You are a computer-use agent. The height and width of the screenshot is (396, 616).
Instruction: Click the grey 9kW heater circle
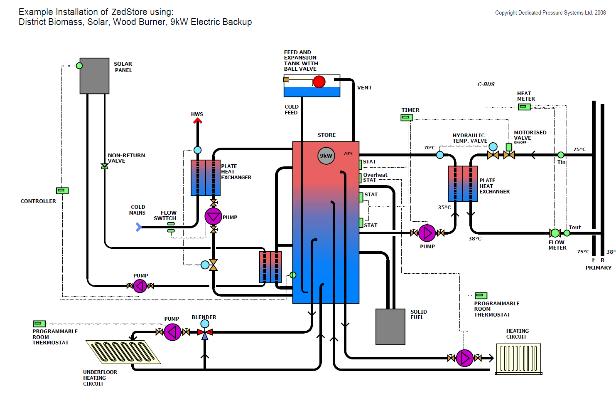326,156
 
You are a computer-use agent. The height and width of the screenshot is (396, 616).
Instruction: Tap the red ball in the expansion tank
319,82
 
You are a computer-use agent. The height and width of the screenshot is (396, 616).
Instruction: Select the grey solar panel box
94,76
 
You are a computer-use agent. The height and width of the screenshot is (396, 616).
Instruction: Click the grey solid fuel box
390,327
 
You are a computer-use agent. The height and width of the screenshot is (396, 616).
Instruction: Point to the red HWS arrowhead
197,121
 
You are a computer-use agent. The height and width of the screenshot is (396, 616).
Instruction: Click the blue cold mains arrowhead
139,227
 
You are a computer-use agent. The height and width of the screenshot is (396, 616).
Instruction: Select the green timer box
407,118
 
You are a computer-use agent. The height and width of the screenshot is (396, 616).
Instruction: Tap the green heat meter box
524,106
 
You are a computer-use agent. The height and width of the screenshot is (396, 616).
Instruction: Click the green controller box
62,191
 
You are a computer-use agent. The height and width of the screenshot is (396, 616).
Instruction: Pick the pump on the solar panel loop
140,286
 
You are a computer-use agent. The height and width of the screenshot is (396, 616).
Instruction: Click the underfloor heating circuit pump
172,332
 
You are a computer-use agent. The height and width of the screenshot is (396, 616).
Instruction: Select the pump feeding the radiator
464,358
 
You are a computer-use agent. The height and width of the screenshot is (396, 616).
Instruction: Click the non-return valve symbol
105,166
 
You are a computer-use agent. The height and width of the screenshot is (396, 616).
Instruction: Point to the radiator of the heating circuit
519,359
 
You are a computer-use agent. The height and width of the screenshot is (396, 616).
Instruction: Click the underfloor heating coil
123,352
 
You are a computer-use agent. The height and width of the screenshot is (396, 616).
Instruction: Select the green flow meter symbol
555,233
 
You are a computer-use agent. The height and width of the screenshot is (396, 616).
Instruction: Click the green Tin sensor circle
561,155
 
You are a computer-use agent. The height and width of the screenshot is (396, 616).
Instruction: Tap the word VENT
364,88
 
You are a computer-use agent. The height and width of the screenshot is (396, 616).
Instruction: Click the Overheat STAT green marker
360,178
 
